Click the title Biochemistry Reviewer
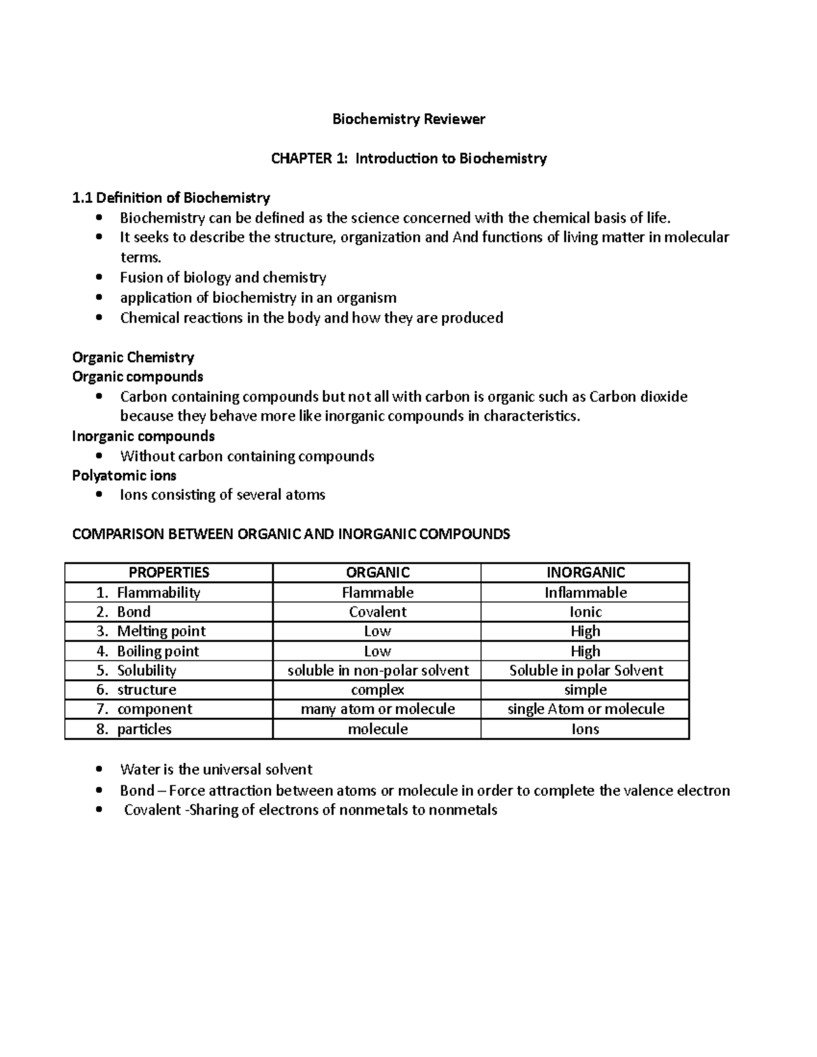point(408,119)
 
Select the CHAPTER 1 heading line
point(408,159)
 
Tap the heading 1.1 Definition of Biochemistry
point(171,198)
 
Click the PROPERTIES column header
point(169,572)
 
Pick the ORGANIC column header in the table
point(377,572)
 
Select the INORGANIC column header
point(585,572)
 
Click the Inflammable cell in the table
point(585,592)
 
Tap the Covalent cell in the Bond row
point(377,612)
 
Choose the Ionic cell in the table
point(585,612)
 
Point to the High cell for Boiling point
point(585,651)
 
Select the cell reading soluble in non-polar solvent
point(377,670)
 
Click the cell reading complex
point(377,689)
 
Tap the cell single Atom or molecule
point(585,709)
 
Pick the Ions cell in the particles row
point(585,729)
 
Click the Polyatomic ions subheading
point(124,475)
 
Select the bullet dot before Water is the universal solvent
point(99,770)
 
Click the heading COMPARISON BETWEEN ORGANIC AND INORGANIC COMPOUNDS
point(291,534)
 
